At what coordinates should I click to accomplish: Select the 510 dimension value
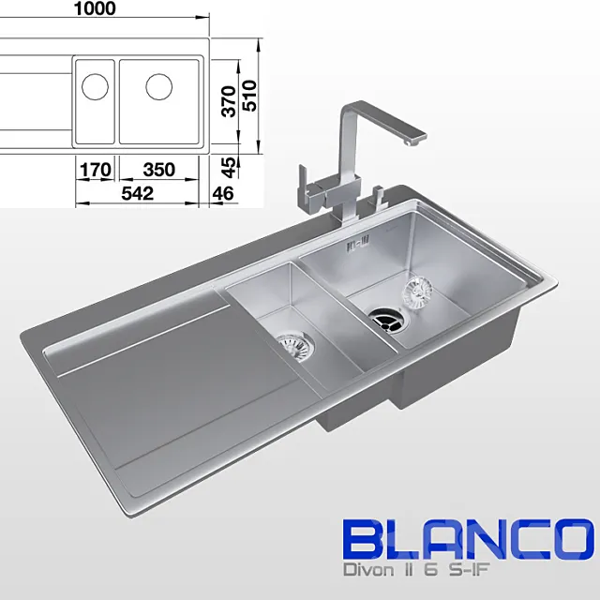247,94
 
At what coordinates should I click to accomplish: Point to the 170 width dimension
95,170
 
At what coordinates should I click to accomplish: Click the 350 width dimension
159,170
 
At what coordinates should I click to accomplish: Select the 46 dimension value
224,194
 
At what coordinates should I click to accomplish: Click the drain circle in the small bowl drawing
95,87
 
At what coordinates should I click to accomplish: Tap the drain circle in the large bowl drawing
159,86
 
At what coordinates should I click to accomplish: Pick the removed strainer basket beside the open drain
414,292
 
